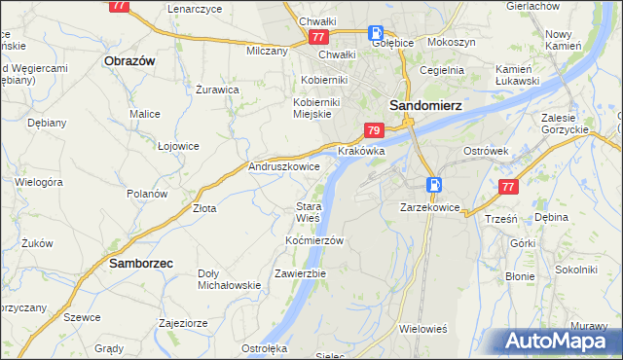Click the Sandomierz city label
(x=425, y=104)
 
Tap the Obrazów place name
(x=129, y=60)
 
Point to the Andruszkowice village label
(x=285, y=167)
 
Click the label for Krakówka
(x=361, y=152)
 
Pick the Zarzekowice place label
(x=429, y=207)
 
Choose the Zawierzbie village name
(x=300, y=273)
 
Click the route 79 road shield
(x=374, y=129)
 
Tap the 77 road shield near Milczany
(x=318, y=37)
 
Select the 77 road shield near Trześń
(x=506, y=187)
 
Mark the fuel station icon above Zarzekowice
(x=434, y=184)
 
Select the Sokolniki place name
(x=574, y=269)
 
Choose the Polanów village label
(x=148, y=193)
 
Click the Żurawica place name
(x=217, y=90)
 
